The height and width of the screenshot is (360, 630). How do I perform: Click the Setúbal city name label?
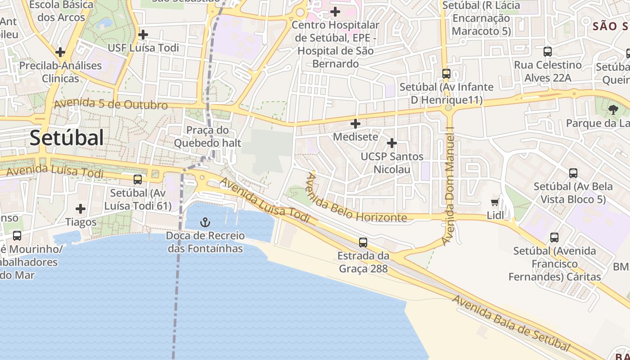[x=67, y=138]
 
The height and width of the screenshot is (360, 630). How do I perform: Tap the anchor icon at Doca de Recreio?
[x=205, y=222]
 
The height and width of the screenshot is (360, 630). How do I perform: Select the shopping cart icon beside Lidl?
[x=495, y=202]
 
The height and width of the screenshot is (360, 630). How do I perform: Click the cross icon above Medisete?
[x=355, y=123]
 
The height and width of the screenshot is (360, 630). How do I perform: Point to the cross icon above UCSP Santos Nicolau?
[x=392, y=143]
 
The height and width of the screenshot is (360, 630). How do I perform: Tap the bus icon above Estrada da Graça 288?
[x=363, y=243]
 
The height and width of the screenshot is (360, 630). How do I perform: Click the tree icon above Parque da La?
[x=613, y=109]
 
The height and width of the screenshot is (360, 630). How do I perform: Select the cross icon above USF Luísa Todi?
[x=143, y=34]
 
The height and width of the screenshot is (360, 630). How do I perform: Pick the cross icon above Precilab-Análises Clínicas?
[x=60, y=52]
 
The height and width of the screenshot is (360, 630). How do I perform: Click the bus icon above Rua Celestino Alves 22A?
[x=548, y=52]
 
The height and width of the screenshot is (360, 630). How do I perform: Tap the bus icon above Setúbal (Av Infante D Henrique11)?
[x=446, y=74]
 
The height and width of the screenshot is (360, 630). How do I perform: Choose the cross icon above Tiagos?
[x=81, y=209]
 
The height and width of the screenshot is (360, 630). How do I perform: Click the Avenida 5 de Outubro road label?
[x=111, y=104]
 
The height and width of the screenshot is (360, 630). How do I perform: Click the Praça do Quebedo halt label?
[x=207, y=137]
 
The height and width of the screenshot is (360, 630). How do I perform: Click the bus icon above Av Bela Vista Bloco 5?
[x=573, y=173]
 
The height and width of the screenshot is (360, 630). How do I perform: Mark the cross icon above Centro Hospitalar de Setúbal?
[x=335, y=12]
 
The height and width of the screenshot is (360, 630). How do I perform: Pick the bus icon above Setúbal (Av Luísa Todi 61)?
[x=138, y=180]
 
